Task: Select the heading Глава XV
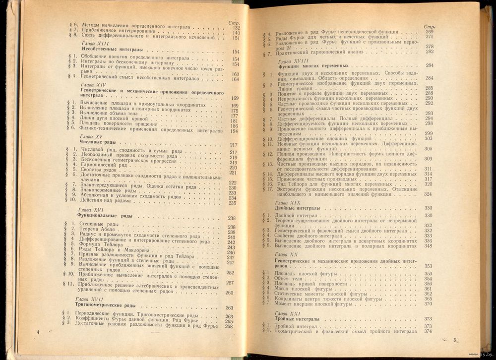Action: [x=91, y=136]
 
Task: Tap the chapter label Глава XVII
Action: [x=91, y=300]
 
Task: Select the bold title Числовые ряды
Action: [x=98, y=143]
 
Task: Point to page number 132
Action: [x=236, y=28]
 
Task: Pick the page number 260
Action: [x=229, y=293]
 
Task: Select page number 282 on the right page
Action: [x=430, y=52]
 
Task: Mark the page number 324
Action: [x=429, y=194]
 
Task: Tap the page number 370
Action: [x=428, y=304]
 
